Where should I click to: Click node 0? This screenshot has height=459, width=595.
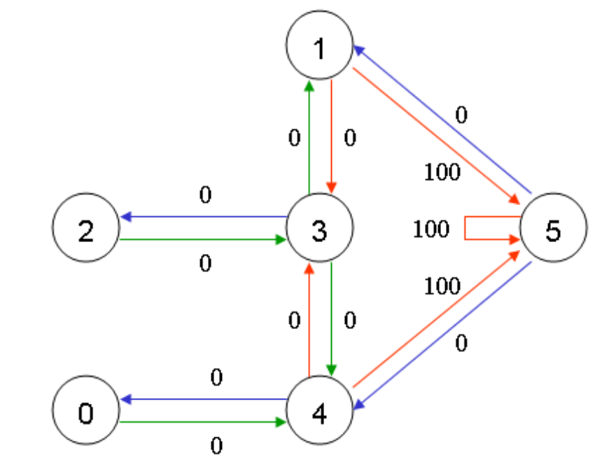[x=86, y=414]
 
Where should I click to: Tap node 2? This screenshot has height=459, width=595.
[x=86, y=230]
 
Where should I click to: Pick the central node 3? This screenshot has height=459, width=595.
[x=319, y=230]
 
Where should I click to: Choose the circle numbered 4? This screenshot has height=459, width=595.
[x=319, y=414]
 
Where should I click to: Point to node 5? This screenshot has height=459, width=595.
[x=553, y=230]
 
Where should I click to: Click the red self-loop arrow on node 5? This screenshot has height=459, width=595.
[x=466, y=229]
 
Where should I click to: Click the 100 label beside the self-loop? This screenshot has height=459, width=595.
[x=430, y=229]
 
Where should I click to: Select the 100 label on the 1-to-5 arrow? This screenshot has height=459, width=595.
[x=442, y=172]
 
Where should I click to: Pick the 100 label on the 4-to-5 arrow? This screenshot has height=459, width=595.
[x=442, y=285]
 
